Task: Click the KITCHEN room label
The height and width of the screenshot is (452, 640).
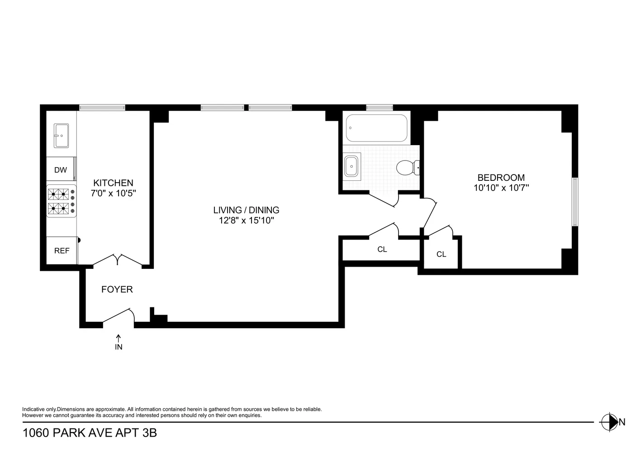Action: (x=113, y=183)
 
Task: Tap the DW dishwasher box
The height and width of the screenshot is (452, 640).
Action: (x=61, y=170)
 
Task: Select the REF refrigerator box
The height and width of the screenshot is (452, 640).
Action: (x=62, y=250)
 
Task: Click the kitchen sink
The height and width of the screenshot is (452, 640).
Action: (x=61, y=135)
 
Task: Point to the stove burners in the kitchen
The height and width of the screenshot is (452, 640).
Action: (x=61, y=201)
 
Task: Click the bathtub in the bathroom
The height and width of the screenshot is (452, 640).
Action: (x=376, y=127)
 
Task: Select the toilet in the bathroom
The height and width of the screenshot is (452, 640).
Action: (x=407, y=168)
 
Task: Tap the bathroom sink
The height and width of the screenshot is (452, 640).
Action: (x=351, y=166)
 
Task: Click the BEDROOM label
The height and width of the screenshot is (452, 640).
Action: (x=501, y=178)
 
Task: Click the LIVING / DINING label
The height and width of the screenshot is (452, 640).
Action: (x=246, y=210)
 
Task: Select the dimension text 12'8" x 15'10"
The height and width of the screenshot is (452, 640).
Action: (x=246, y=221)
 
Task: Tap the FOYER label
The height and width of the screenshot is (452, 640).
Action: (x=117, y=290)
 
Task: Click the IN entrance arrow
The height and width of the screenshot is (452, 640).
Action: (x=119, y=342)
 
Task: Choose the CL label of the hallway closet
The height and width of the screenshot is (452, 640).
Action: (x=382, y=250)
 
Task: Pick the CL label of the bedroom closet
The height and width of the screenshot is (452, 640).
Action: (x=441, y=254)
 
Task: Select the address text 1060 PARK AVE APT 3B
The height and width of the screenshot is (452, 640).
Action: (x=90, y=433)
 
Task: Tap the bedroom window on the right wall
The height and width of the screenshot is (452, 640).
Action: (x=574, y=202)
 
